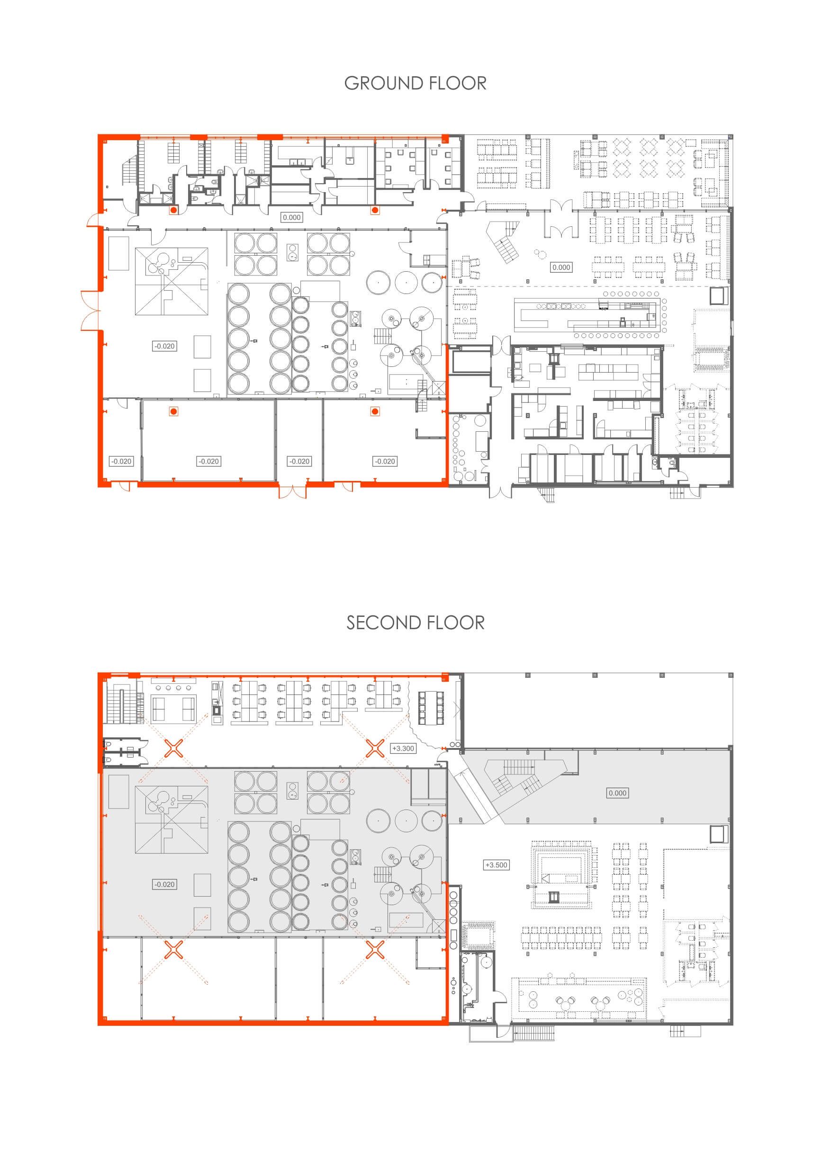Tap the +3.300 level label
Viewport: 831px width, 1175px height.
(403, 748)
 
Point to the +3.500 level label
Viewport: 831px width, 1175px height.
(496, 865)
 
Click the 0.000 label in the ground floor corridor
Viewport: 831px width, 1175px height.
(292, 217)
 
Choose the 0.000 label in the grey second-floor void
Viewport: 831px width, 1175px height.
(617, 792)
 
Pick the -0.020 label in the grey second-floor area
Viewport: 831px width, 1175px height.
(164, 884)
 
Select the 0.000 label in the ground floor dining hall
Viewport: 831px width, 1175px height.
(561, 267)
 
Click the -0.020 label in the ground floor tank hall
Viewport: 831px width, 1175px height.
(164, 346)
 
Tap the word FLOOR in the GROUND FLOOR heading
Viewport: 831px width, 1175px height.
(458, 83)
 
